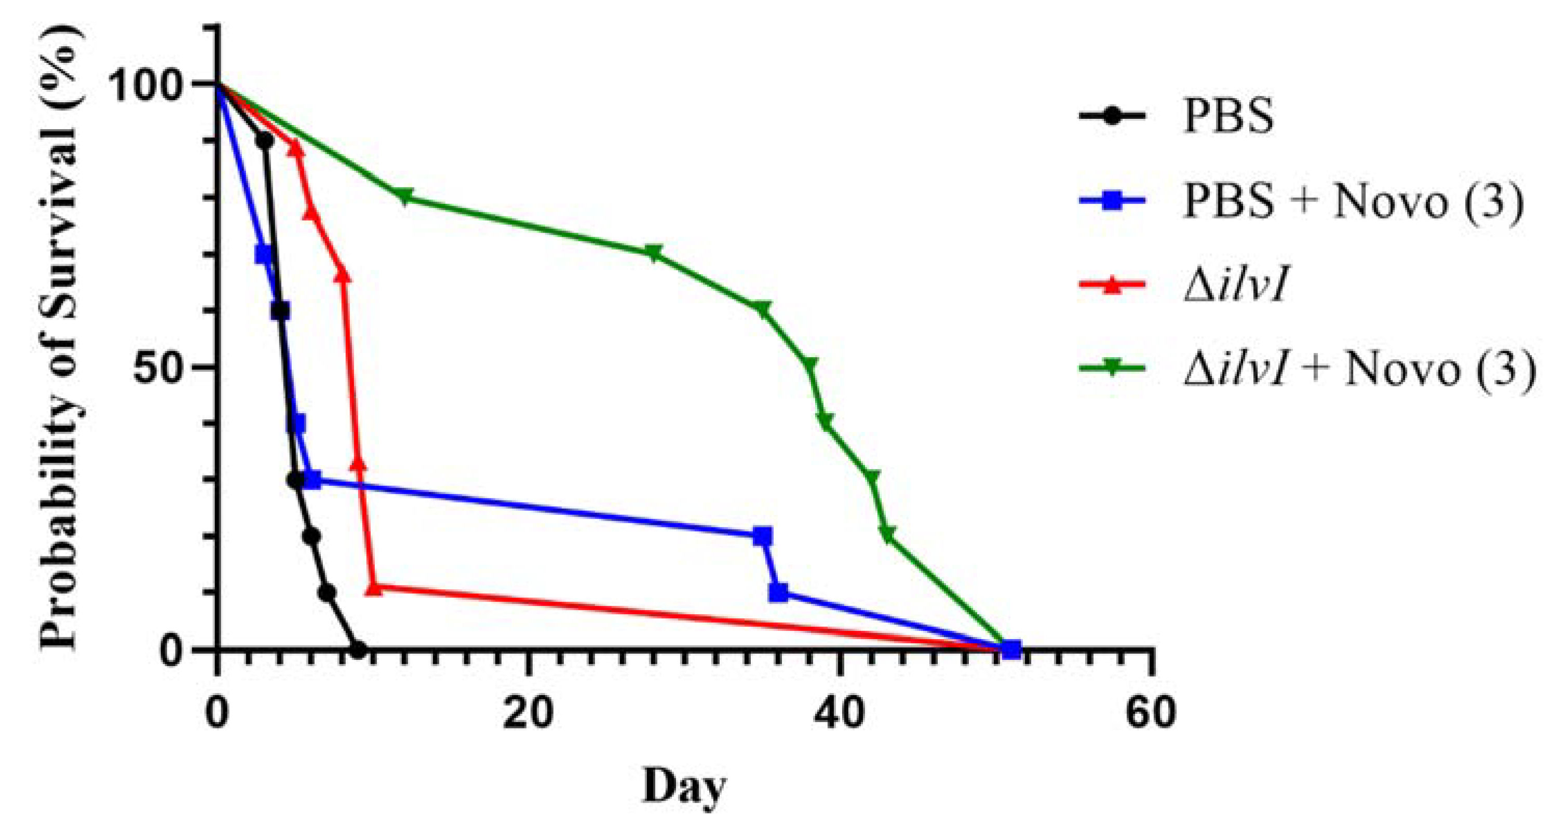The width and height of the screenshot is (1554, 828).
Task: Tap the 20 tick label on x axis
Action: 529,713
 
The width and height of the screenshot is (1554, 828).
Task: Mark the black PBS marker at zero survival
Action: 358,649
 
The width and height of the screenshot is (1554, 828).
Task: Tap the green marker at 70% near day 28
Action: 653,253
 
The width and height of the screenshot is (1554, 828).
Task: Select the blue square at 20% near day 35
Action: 763,536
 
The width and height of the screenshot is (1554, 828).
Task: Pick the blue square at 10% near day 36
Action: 778,592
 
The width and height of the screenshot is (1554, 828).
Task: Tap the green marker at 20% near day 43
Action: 887,534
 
